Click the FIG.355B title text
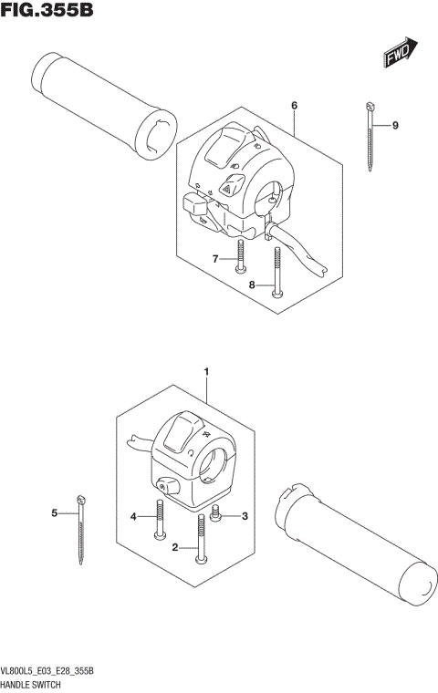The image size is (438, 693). pyautogui.click(x=47, y=12)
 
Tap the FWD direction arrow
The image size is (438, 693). pyautogui.click(x=400, y=53)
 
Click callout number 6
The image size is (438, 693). pyautogui.click(x=295, y=107)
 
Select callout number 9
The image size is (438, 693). pyautogui.click(x=395, y=125)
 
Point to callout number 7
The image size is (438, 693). pyautogui.click(x=216, y=260)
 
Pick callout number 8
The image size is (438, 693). pyautogui.click(x=252, y=285)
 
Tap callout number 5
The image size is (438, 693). pyautogui.click(x=55, y=514)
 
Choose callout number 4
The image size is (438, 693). pyautogui.click(x=133, y=517)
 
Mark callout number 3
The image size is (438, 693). pyautogui.click(x=244, y=517)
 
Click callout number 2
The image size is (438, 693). pyautogui.click(x=174, y=548)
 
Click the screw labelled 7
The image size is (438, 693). pyautogui.click(x=239, y=256)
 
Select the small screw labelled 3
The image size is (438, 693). pyautogui.click(x=217, y=512)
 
